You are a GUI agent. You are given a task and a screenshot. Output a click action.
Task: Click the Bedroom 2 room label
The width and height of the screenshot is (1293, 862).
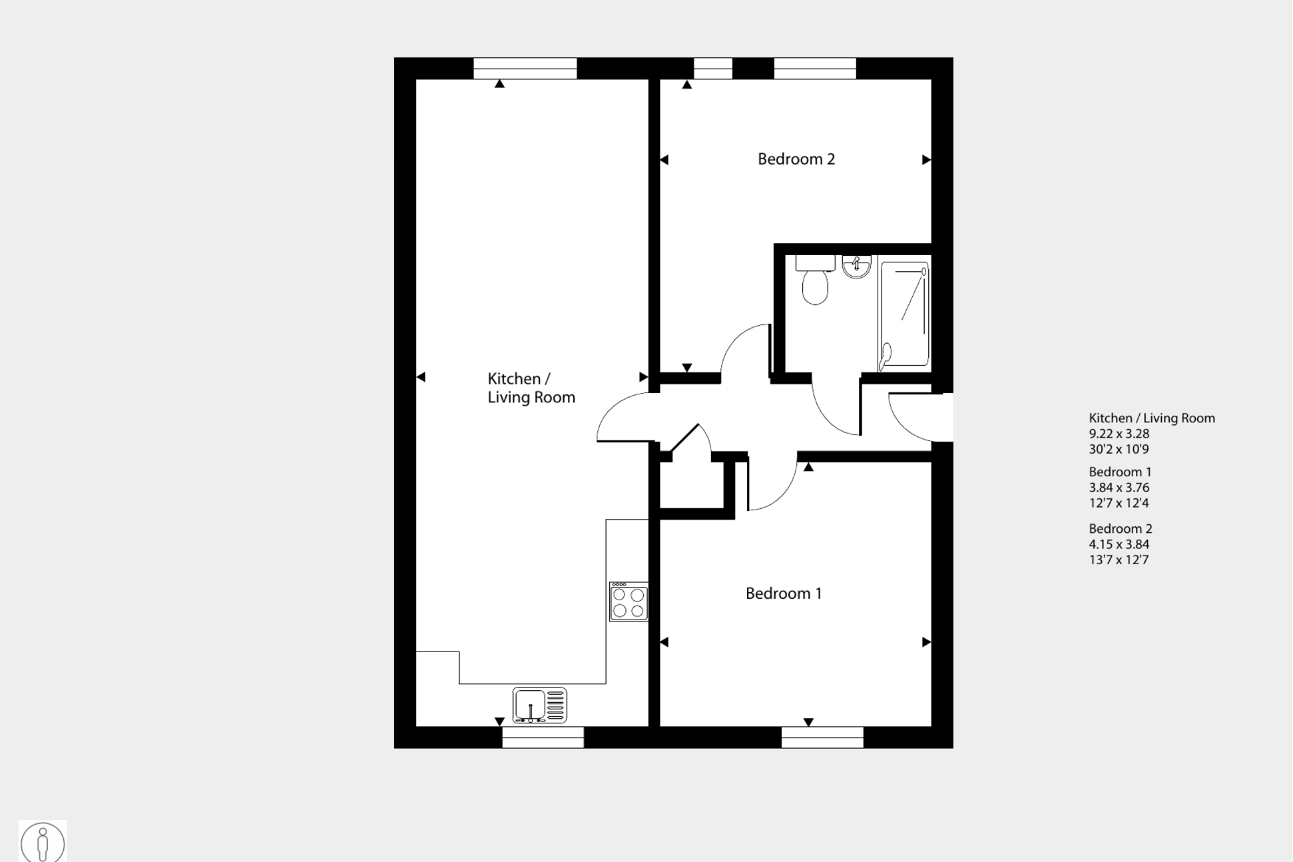[796, 159]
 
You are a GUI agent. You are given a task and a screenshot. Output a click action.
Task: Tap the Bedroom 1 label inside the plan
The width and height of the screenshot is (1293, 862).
[783, 594]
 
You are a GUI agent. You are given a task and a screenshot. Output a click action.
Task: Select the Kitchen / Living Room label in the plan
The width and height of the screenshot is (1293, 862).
[531, 388]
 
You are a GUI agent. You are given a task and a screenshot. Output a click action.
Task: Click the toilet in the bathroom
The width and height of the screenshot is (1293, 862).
[815, 282]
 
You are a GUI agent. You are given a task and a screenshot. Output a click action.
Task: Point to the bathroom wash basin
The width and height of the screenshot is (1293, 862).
[856, 266]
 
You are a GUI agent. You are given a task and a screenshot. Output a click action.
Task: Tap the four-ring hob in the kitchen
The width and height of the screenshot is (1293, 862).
[628, 602]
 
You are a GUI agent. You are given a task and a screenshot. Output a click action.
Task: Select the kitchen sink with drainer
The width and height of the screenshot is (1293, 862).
[539, 705]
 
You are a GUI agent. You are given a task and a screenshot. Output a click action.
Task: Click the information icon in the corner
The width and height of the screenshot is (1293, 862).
[43, 843]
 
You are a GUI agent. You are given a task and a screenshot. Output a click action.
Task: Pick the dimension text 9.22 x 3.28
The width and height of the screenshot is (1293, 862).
[1119, 434]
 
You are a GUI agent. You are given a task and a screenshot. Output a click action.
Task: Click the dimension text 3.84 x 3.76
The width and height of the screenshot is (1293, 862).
[1119, 488]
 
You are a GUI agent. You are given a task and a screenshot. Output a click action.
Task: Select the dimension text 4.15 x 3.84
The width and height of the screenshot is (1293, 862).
[1119, 544]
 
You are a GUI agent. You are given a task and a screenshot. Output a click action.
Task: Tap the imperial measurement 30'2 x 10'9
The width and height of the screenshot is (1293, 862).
[1119, 449]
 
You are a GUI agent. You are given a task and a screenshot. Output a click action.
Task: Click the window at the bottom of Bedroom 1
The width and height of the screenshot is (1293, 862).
[822, 737]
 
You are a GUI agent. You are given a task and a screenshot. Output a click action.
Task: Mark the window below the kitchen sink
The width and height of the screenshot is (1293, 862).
[543, 737]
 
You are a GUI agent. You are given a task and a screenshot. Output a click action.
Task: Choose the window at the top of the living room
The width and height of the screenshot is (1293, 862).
[525, 69]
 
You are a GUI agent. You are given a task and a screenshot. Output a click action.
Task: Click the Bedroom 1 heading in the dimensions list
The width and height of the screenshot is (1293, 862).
[1120, 472]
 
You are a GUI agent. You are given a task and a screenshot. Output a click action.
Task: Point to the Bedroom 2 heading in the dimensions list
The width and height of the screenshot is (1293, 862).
[1120, 529]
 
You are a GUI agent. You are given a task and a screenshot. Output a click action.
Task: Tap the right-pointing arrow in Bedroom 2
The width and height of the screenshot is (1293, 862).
[926, 160]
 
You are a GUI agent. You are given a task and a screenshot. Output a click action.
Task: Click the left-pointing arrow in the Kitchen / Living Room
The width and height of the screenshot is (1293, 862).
[421, 377]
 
